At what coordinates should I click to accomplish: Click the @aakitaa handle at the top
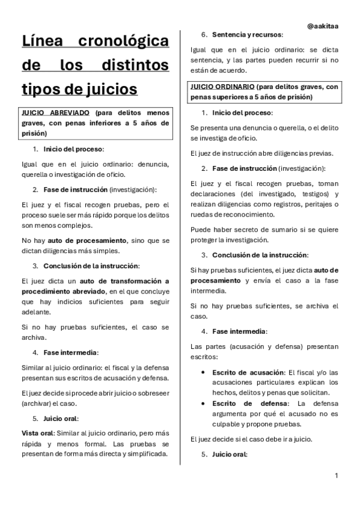[x=322, y=26]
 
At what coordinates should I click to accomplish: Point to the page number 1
[x=337, y=476]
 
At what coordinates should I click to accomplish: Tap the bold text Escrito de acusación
[x=246, y=373]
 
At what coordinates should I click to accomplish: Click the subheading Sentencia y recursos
[x=247, y=35]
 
